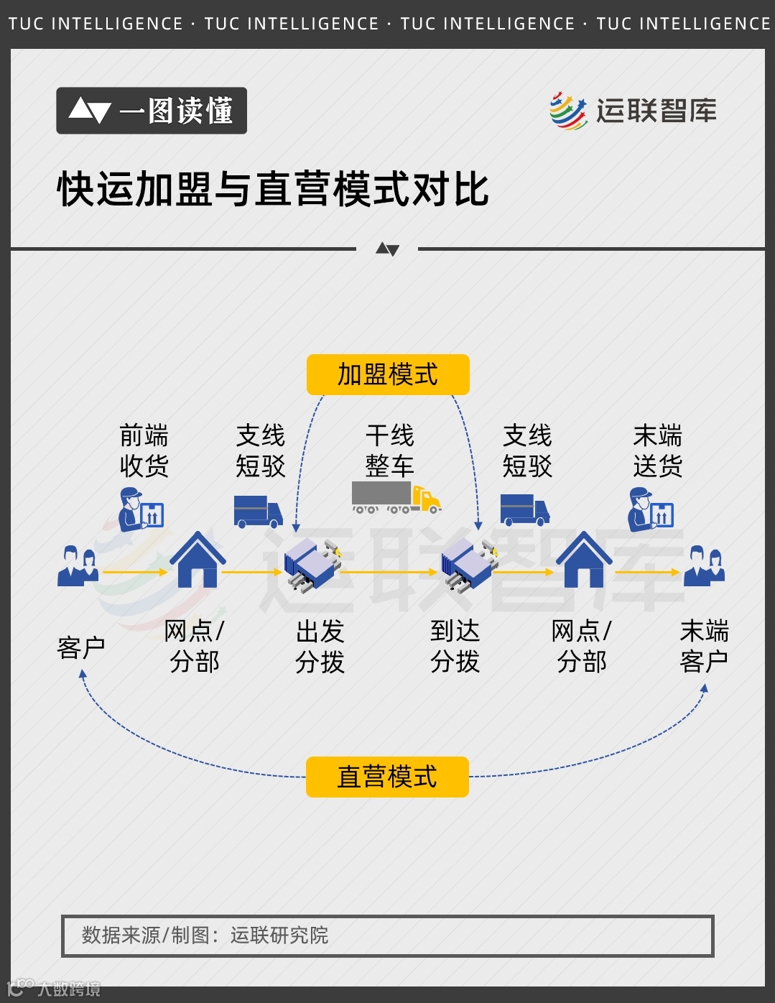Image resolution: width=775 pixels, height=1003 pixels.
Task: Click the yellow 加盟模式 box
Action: pos(388,374)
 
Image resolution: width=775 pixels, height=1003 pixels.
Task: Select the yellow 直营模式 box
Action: pos(387,777)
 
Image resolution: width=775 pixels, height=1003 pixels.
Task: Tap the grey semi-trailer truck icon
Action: pos(396,497)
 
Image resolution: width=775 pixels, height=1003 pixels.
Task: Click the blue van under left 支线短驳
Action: pos(258,511)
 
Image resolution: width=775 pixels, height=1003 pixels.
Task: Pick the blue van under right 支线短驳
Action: pos(524,509)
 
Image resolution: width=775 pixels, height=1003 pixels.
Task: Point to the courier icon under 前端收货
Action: pos(141,509)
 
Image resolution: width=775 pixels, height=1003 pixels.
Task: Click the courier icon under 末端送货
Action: pos(651,509)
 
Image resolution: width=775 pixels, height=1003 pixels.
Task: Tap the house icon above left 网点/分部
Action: pos(198,560)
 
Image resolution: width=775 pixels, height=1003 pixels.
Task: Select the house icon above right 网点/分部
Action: pos(584,560)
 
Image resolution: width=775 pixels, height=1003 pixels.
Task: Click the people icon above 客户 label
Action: pos(78,565)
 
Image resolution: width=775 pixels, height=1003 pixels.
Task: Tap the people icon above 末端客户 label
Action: pos(704,565)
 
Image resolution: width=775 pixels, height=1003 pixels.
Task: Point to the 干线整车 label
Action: pos(389,450)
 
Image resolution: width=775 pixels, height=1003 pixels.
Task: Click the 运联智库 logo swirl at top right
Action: pos(568,111)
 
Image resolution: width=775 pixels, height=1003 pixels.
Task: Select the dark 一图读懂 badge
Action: pos(152,111)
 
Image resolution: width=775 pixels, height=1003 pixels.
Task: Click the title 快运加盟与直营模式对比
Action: pos(273,190)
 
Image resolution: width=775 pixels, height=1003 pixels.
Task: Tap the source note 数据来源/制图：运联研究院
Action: pos(205,935)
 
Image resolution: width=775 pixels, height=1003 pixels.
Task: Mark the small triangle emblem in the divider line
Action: pos(387,249)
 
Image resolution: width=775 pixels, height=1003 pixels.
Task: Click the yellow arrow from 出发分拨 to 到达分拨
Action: pos(388,573)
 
